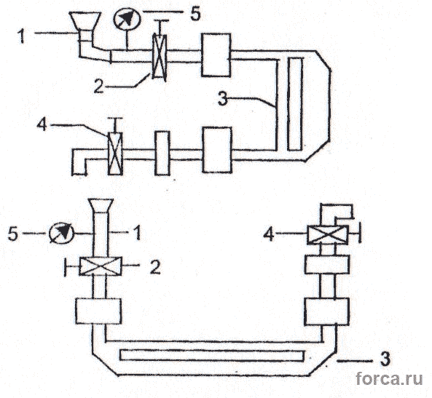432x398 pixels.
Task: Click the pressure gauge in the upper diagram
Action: click(127, 19)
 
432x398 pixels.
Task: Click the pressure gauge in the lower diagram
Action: click(61, 233)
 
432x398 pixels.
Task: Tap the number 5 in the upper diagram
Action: click(195, 14)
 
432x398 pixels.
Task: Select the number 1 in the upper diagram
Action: click(21, 36)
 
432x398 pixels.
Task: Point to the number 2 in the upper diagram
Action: click(98, 86)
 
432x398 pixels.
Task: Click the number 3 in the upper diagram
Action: click(223, 98)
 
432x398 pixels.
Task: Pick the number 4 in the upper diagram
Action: click(42, 124)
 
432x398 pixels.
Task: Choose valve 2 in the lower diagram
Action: click(101, 266)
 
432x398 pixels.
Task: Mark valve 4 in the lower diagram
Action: click(327, 234)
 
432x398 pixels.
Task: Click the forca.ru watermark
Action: click(389, 378)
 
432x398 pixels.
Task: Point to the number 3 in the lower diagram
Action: click(385, 359)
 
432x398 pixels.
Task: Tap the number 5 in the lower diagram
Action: click(13, 234)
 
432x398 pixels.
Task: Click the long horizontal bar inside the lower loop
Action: click(212, 355)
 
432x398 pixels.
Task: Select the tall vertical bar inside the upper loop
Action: click(295, 104)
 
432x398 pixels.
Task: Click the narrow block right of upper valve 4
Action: click(162, 153)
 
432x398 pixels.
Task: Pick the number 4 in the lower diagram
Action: click(269, 235)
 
